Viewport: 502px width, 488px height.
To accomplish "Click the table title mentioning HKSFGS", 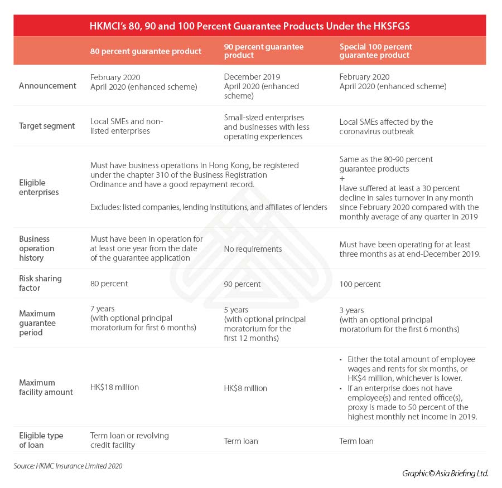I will (250, 26).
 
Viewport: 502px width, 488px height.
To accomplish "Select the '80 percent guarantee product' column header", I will (146, 51).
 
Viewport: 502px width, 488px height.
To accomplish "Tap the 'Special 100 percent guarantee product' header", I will (375, 51).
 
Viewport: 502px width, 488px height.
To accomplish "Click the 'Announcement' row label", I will (47, 86).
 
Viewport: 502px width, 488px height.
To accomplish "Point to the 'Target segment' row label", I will (47, 126).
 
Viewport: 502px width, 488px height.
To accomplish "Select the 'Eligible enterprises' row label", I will (40, 187).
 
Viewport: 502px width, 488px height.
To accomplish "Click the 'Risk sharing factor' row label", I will (40, 283).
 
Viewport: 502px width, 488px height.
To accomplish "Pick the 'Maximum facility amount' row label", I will (46, 387).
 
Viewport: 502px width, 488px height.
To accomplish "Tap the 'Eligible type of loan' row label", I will (41, 440).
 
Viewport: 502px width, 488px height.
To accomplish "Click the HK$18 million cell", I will (114, 387).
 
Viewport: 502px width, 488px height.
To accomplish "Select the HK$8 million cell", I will (245, 388).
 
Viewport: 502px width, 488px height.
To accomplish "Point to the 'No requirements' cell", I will (253, 249).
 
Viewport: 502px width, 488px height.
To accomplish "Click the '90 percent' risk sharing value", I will (243, 284).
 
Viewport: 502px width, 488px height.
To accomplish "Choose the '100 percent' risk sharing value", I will (360, 284).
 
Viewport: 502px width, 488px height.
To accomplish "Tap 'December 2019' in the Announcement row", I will (252, 77).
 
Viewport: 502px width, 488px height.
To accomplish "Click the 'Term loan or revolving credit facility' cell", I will (129, 440).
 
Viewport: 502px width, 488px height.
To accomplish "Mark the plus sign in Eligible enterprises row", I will (342, 178).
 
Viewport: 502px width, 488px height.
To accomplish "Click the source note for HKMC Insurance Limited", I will (68, 466).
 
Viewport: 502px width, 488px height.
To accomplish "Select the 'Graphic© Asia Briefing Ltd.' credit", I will (445, 473).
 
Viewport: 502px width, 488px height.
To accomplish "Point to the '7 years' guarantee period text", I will (102, 309).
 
